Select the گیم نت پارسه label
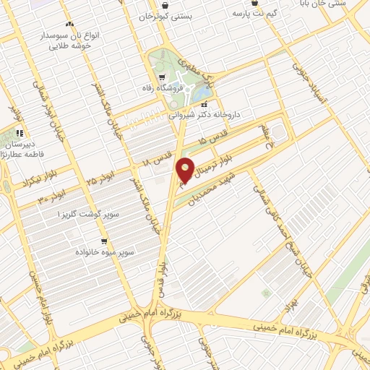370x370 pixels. pos(262,12)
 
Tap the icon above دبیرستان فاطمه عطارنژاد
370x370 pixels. pos(20,133)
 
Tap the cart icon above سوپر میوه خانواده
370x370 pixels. pos(105,241)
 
